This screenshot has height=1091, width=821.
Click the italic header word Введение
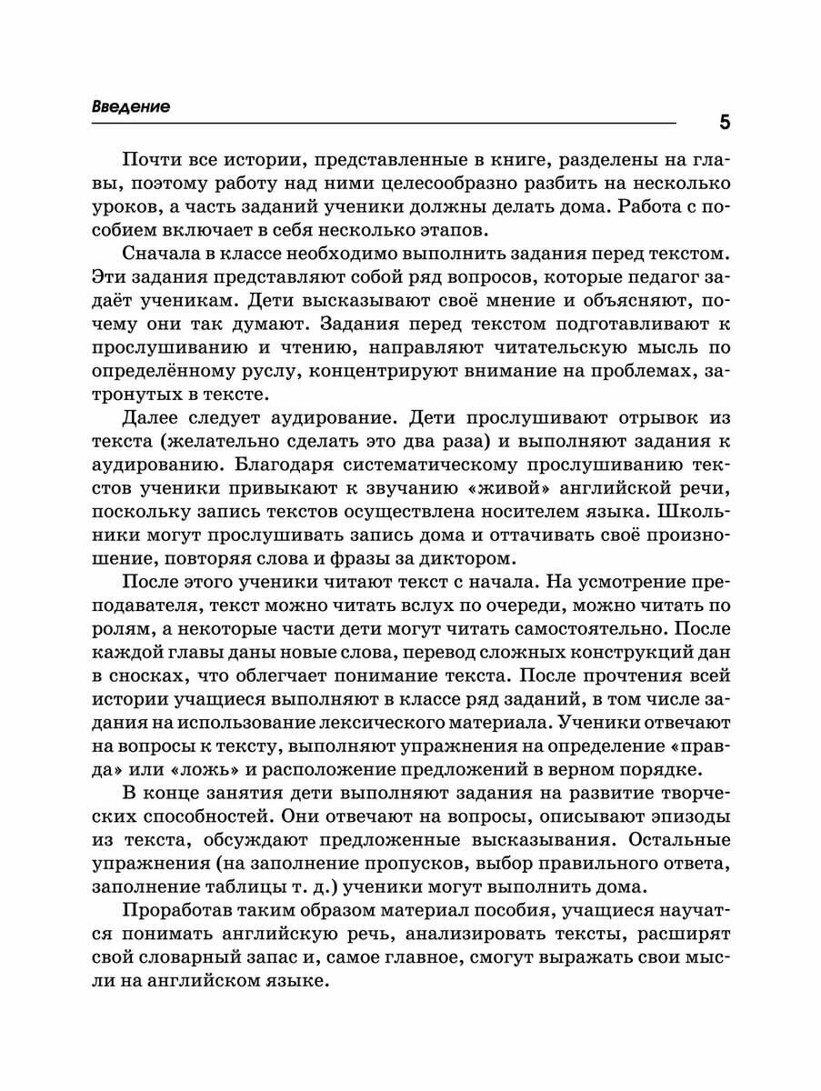click(x=132, y=106)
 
